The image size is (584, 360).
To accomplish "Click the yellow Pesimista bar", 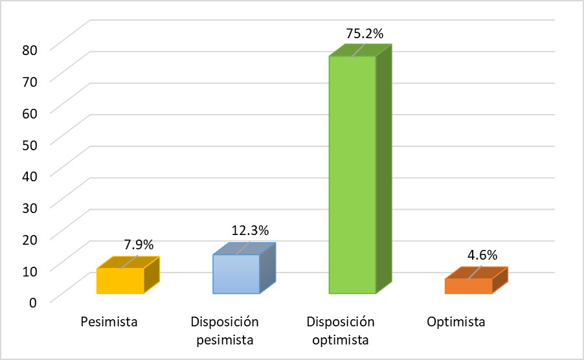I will coord(120,281).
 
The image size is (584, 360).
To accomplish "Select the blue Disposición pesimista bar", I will coord(236,274).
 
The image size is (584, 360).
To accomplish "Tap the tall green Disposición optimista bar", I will coord(352,175).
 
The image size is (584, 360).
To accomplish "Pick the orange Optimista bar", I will coord(468,286).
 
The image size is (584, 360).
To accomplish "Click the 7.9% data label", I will coord(139,245).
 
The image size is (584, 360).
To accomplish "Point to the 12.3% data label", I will coord(250,231).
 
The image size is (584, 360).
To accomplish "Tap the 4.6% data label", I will coord(482,255).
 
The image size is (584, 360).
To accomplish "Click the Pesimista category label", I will coord(109,322).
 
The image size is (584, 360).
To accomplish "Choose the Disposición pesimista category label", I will coord(225,330).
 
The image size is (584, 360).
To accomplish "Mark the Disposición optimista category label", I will coord(341,330).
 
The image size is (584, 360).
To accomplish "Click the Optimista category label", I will coord(456,322).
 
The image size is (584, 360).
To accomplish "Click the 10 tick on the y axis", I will coord(29,269).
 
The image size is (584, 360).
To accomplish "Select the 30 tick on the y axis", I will coord(29,207).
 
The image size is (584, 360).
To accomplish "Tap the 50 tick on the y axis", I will coord(29,143).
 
